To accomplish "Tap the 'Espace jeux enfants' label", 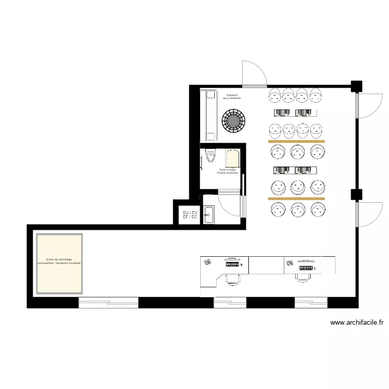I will (232, 96).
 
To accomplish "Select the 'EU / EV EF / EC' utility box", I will (190, 215).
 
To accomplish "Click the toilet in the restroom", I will (210, 156).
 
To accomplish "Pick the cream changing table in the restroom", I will (233, 158).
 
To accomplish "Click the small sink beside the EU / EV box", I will (209, 215).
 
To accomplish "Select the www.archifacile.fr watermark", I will (357, 323).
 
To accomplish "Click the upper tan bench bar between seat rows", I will (296, 141).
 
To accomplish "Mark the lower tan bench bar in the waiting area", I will (296, 198).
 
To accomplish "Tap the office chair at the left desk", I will (233, 280).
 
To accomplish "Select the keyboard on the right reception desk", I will (305, 268).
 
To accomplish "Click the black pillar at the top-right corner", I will (356, 86).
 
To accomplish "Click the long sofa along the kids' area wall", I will (210, 115).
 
